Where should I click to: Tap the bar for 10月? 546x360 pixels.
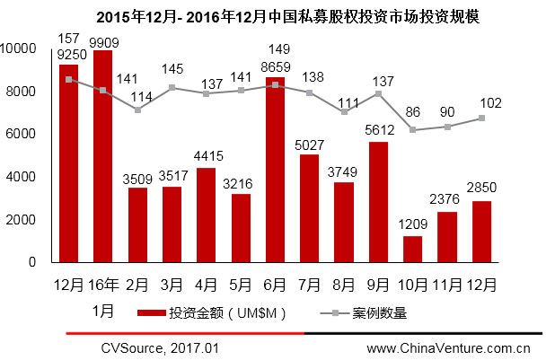(413, 249)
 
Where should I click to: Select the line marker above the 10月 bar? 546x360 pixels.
(413, 130)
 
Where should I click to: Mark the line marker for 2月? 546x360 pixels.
(136, 110)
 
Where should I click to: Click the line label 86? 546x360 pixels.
(412, 113)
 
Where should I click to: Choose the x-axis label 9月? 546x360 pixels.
(378, 285)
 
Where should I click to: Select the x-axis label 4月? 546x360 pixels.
(206, 285)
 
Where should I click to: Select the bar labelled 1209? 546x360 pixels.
(413, 249)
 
